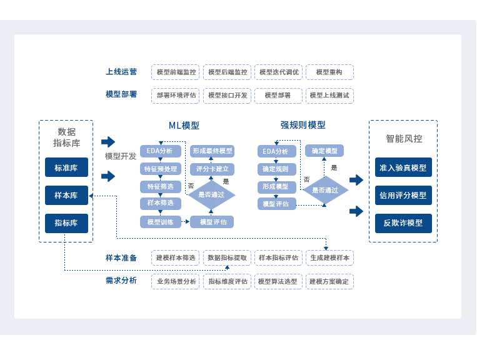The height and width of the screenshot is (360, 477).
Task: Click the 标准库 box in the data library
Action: click(66, 167)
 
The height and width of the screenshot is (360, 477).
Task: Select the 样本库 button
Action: click(66, 195)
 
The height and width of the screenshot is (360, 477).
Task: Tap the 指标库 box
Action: click(66, 222)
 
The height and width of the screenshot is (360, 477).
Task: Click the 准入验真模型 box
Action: click(403, 167)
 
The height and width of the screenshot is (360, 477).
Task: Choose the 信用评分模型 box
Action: click(403, 195)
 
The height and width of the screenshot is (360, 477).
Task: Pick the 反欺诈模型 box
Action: click(403, 222)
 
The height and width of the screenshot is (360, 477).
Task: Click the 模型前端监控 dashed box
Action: click(176, 72)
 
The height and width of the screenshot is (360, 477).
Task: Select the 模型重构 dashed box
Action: click(329, 72)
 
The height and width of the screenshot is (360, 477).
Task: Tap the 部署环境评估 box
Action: click(176, 96)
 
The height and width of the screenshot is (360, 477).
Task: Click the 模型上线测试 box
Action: click(329, 96)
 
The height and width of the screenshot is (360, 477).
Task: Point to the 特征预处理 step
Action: click(161, 169)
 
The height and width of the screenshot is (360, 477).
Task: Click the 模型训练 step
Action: click(161, 222)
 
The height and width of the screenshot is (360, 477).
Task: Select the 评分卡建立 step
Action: click(212, 169)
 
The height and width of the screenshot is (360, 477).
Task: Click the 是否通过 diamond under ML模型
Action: click(212, 194)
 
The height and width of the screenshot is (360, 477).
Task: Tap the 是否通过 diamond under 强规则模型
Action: click(325, 190)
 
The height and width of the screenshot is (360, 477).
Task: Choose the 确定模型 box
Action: click(324, 151)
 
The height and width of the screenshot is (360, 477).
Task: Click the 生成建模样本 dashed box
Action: click(329, 257)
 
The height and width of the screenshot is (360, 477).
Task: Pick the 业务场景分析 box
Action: click(176, 281)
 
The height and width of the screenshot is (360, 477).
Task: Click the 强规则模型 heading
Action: click(303, 125)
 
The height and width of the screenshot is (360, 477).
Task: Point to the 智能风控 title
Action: click(403, 139)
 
